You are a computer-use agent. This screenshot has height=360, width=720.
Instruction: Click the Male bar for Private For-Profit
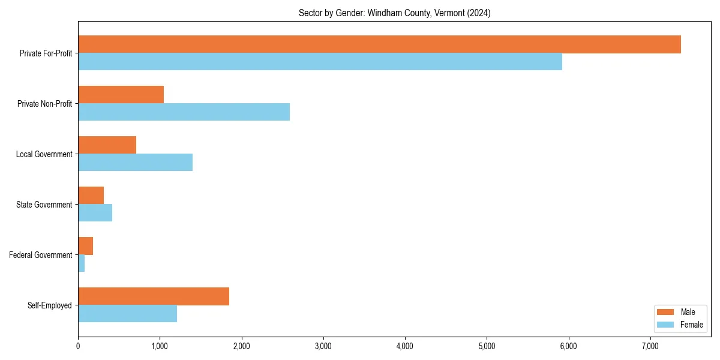click(x=379, y=44)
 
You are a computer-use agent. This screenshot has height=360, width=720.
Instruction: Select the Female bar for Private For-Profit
click(x=320, y=62)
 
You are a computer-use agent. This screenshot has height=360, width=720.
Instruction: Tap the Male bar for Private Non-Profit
click(x=121, y=95)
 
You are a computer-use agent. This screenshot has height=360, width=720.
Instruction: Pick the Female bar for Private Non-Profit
click(x=184, y=112)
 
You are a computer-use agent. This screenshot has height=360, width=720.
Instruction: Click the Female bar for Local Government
click(x=135, y=163)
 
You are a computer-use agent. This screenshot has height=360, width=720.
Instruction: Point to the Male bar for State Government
click(x=91, y=196)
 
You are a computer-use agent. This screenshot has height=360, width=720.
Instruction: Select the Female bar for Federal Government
click(x=82, y=263)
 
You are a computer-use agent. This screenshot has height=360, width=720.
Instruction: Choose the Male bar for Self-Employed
click(x=154, y=296)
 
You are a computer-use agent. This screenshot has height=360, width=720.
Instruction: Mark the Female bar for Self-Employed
click(x=127, y=314)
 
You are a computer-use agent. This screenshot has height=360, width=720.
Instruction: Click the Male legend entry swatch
click(x=666, y=312)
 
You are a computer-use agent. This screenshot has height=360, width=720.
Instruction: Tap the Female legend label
click(x=692, y=325)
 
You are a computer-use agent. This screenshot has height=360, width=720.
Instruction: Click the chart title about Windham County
click(x=394, y=13)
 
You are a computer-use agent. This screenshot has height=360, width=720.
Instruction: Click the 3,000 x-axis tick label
click(x=323, y=346)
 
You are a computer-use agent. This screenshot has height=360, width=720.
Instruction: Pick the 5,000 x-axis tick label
click(x=487, y=346)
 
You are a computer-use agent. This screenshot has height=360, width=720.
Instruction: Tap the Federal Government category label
click(x=41, y=255)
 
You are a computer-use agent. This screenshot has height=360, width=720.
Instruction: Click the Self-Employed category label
click(x=50, y=305)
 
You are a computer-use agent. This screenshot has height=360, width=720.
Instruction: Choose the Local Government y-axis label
click(x=44, y=154)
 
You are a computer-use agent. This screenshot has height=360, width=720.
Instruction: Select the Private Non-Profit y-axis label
click(x=44, y=104)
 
